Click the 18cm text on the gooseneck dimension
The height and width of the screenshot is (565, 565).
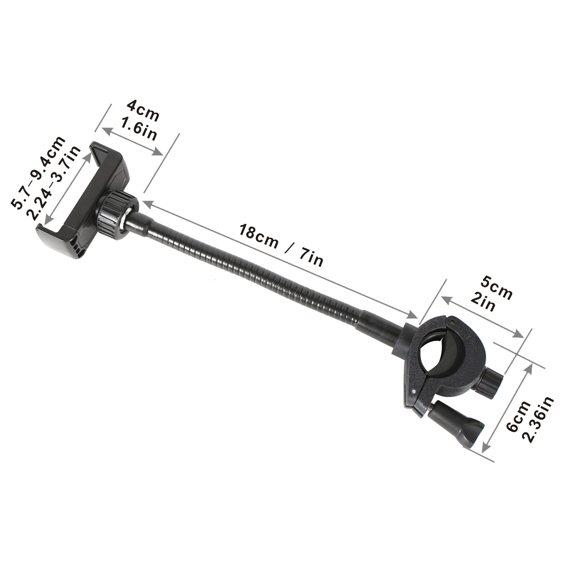[259, 237]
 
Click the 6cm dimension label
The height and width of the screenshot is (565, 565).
[518, 416]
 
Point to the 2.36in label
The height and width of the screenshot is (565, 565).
[539, 420]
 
